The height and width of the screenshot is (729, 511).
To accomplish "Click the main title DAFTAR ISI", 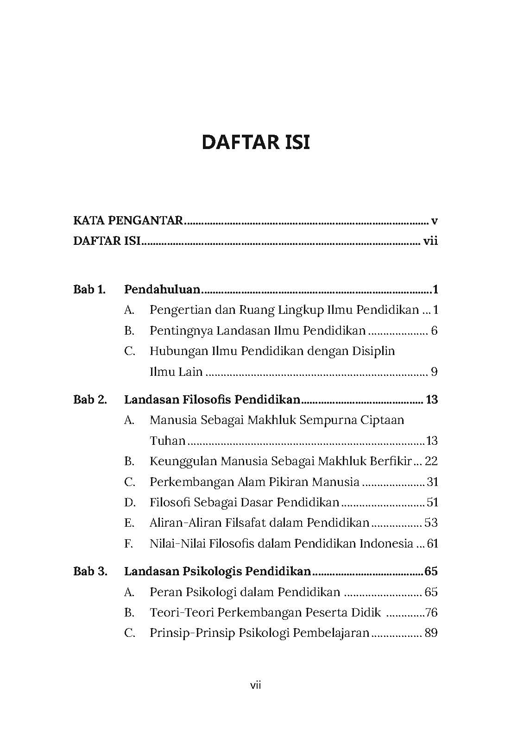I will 256,142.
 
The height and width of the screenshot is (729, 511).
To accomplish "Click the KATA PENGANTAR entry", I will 128,220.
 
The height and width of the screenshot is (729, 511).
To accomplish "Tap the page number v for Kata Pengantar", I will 434,221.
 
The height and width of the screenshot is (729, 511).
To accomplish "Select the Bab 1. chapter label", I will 89,290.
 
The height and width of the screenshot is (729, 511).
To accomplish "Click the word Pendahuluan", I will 162,290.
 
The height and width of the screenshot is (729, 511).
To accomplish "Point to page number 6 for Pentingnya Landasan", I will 434,330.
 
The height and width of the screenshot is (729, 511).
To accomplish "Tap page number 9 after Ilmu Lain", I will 434,372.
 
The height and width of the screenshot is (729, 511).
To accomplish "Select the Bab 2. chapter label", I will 90,399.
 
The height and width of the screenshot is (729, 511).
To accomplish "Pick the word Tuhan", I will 167,441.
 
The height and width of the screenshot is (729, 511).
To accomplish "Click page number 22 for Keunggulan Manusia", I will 431,461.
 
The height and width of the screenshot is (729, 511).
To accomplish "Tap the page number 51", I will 432,502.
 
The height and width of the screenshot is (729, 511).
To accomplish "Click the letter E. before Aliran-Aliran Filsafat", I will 129,523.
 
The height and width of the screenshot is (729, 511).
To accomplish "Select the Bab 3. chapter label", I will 90,571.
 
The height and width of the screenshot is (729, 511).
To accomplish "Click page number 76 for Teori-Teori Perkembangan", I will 431,613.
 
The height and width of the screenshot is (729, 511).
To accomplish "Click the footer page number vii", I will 256,685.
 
